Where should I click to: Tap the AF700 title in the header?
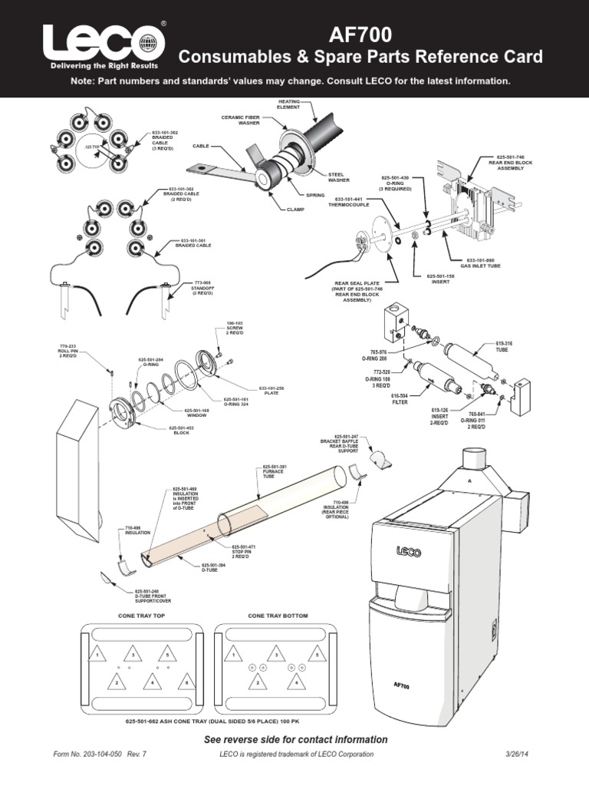(x=360, y=34)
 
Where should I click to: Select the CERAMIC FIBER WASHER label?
(x=242, y=120)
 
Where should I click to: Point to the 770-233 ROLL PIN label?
(x=69, y=352)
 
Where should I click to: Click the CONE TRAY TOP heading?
(x=140, y=616)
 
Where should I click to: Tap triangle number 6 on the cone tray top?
(x=183, y=682)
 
